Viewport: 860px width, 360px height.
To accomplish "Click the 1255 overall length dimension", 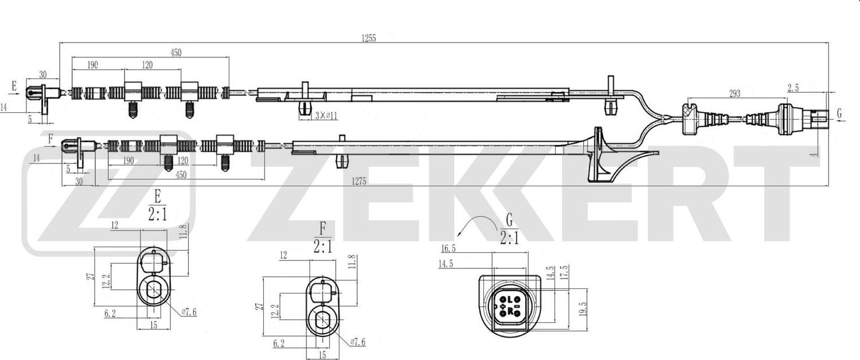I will pyautogui.click(x=368, y=38).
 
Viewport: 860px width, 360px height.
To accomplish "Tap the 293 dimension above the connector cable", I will pyautogui.click(x=734, y=93).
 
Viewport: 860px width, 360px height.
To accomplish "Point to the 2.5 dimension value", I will pyautogui.click(x=793, y=88).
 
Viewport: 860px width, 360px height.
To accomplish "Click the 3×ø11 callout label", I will pyautogui.click(x=326, y=116).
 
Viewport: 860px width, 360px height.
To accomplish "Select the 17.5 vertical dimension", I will pyautogui.click(x=565, y=272).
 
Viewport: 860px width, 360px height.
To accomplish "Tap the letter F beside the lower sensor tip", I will pyautogui.click(x=50, y=138).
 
